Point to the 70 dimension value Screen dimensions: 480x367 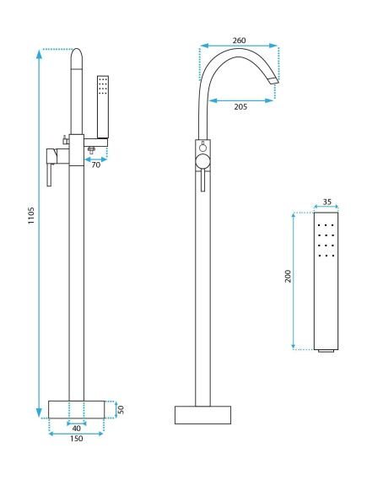95,164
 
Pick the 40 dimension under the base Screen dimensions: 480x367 77,427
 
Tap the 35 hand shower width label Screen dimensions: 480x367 327,202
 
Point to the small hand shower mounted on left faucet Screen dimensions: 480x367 104,105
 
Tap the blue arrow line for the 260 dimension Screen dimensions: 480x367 239,46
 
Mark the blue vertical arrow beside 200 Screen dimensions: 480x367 295,282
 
